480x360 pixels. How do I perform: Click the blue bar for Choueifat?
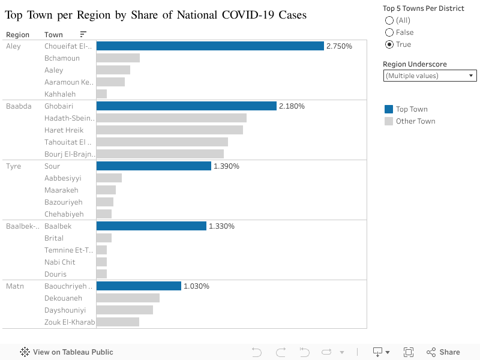pyautogui.click(x=210, y=46)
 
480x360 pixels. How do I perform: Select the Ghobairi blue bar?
pyautogui.click(x=186, y=106)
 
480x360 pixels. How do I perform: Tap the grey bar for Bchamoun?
pyautogui.click(x=118, y=58)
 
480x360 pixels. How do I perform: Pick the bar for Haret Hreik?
pyautogui.click(x=169, y=130)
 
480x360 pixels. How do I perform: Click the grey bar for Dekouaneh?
pyautogui.click(x=128, y=298)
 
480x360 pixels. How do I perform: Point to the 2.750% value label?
pyautogui.click(x=339, y=46)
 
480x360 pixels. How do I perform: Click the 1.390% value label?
pyautogui.click(x=226, y=166)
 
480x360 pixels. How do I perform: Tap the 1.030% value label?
pyautogui.click(x=196, y=286)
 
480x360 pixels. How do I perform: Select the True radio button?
pyautogui.click(x=389, y=44)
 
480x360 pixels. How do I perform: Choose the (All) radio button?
pyautogui.click(x=389, y=20)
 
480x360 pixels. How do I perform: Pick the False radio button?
pyautogui.click(x=389, y=32)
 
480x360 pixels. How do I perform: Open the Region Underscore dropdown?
pyautogui.click(x=430, y=76)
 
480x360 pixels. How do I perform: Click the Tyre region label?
pyautogui.click(x=13, y=166)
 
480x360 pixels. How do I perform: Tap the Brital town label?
pyautogui.click(x=54, y=238)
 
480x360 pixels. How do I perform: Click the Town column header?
pyautogui.click(x=53, y=35)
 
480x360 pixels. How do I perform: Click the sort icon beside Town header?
pyautogui.click(x=83, y=35)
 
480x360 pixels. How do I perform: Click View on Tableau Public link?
pyautogui.click(x=67, y=352)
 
